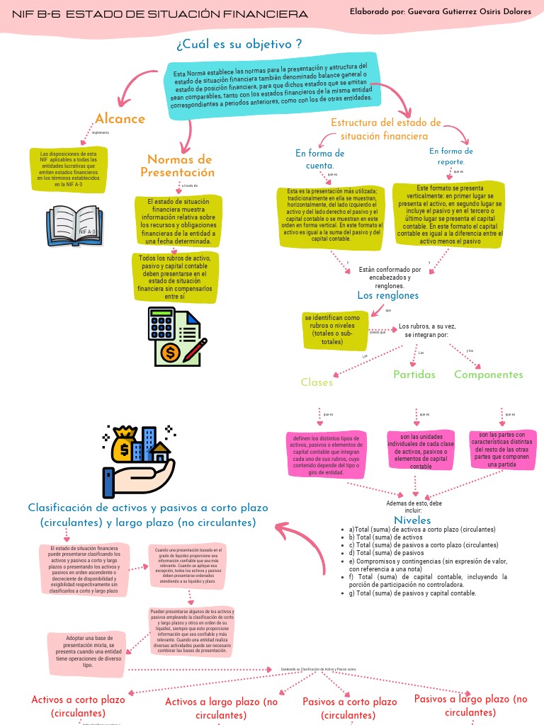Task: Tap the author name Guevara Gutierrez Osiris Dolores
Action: (x=441, y=12)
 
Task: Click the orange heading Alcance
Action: (x=120, y=119)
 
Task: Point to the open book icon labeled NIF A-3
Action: (x=74, y=224)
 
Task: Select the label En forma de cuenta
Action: (x=319, y=159)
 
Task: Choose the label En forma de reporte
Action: (x=451, y=156)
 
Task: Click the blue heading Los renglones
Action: (x=387, y=295)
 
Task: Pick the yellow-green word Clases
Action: (x=317, y=382)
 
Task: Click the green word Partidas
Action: (x=414, y=375)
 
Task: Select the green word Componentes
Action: (x=489, y=375)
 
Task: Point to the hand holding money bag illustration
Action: (x=139, y=460)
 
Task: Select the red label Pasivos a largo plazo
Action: (x=471, y=705)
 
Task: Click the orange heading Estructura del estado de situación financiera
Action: (x=385, y=129)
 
